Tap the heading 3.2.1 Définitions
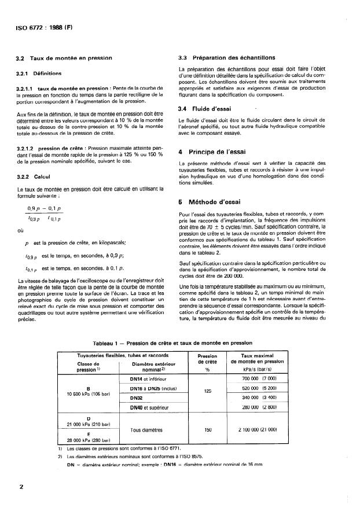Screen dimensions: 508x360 click(43, 73)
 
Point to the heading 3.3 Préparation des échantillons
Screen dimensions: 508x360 click(226, 58)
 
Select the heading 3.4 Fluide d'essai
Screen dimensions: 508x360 click(204, 109)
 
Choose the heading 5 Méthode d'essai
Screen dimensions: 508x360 click(212, 203)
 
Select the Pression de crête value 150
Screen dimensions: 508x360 click(207, 430)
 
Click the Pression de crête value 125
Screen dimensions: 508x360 click(207, 391)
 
